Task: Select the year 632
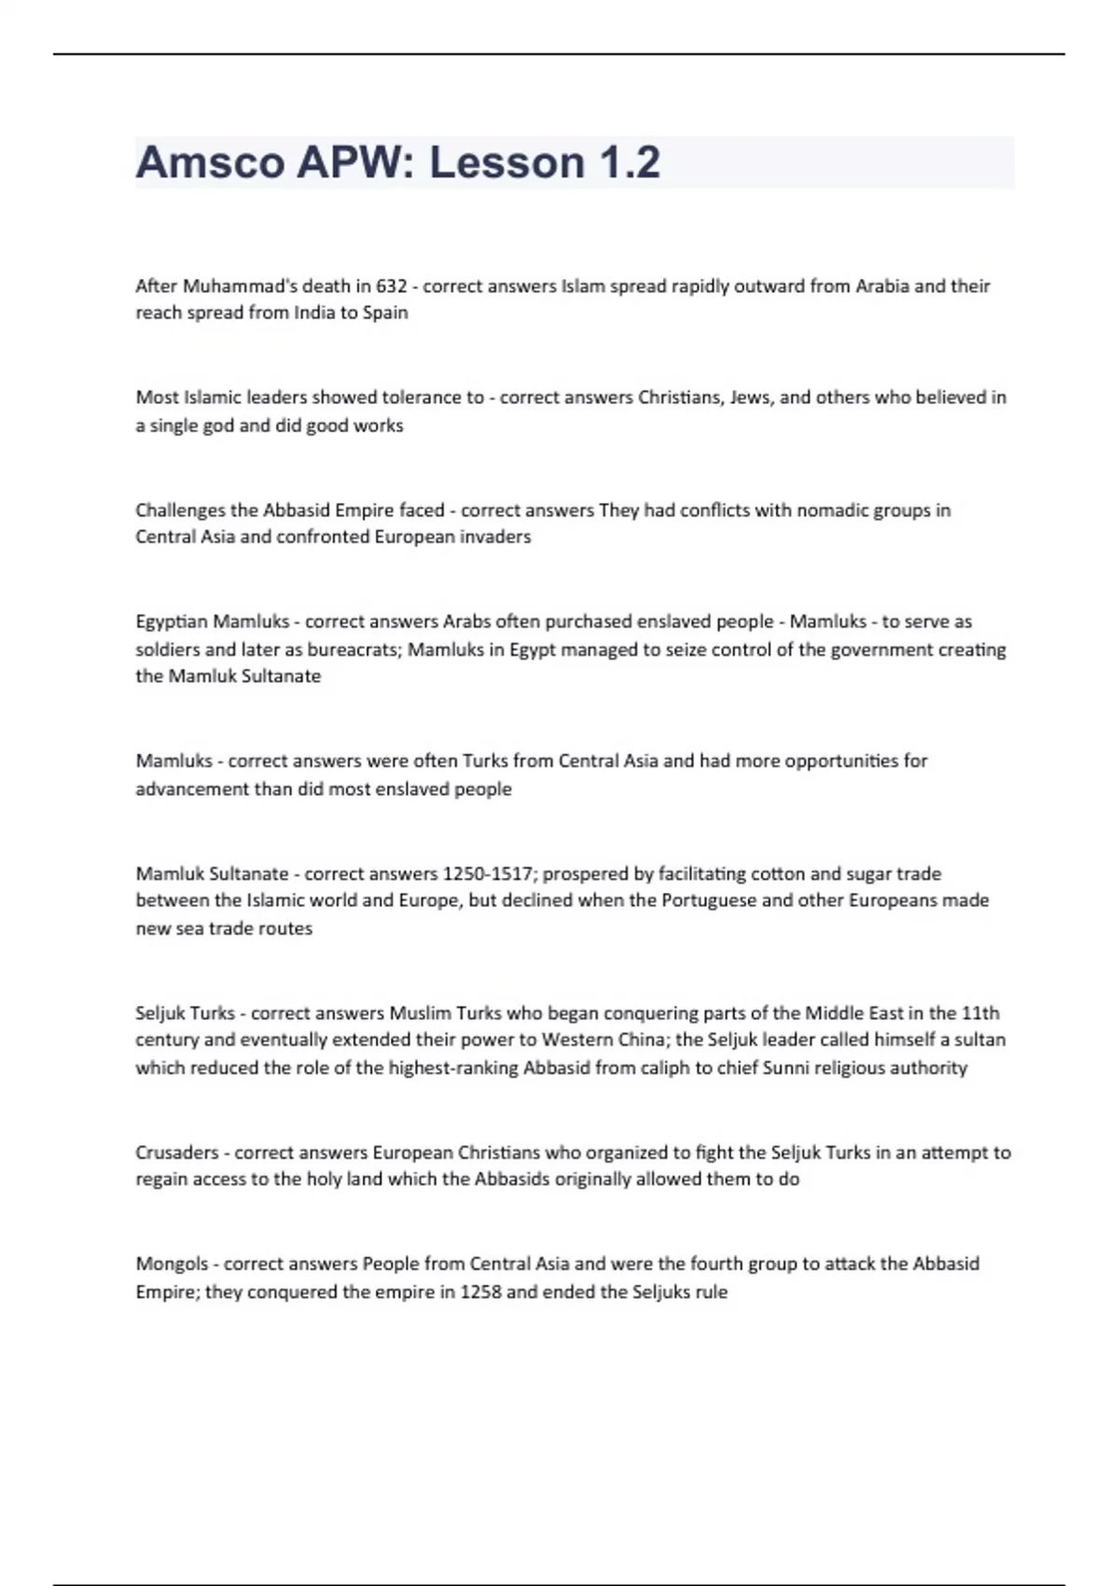point(392,285)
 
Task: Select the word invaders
point(495,537)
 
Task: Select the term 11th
point(980,1013)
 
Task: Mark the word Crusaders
point(177,1153)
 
